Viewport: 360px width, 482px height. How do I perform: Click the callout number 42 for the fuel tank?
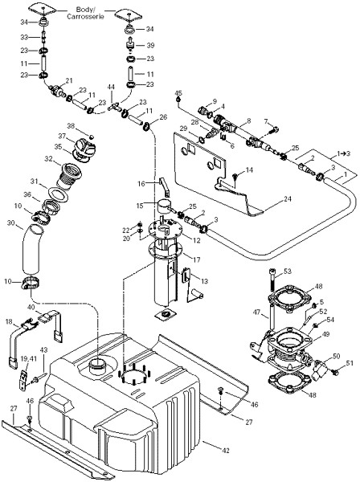(x=226, y=451)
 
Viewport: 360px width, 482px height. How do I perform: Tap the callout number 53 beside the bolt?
(x=288, y=272)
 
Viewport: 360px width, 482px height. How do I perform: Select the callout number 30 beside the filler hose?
(x=10, y=223)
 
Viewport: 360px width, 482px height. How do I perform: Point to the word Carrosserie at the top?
(x=85, y=16)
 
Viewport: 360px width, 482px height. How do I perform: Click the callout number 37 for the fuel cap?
(x=62, y=136)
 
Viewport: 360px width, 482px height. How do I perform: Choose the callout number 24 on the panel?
(x=288, y=199)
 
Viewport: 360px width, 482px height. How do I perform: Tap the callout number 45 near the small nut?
(x=178, y=92)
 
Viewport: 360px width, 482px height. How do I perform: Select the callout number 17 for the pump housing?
(x=196, y=259)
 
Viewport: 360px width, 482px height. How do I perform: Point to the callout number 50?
(x=337, y=356)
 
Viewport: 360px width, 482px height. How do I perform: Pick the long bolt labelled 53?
(x=272, y=280)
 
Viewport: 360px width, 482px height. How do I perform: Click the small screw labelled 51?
(x=335, y=372)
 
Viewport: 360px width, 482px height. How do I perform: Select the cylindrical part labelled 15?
(x=164, y=206)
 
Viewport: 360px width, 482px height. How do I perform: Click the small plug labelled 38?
(x=91, y=137)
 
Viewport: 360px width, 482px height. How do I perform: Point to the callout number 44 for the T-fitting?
(x=111, y=88)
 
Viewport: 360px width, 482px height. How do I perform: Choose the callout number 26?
(x=164, y=116)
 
